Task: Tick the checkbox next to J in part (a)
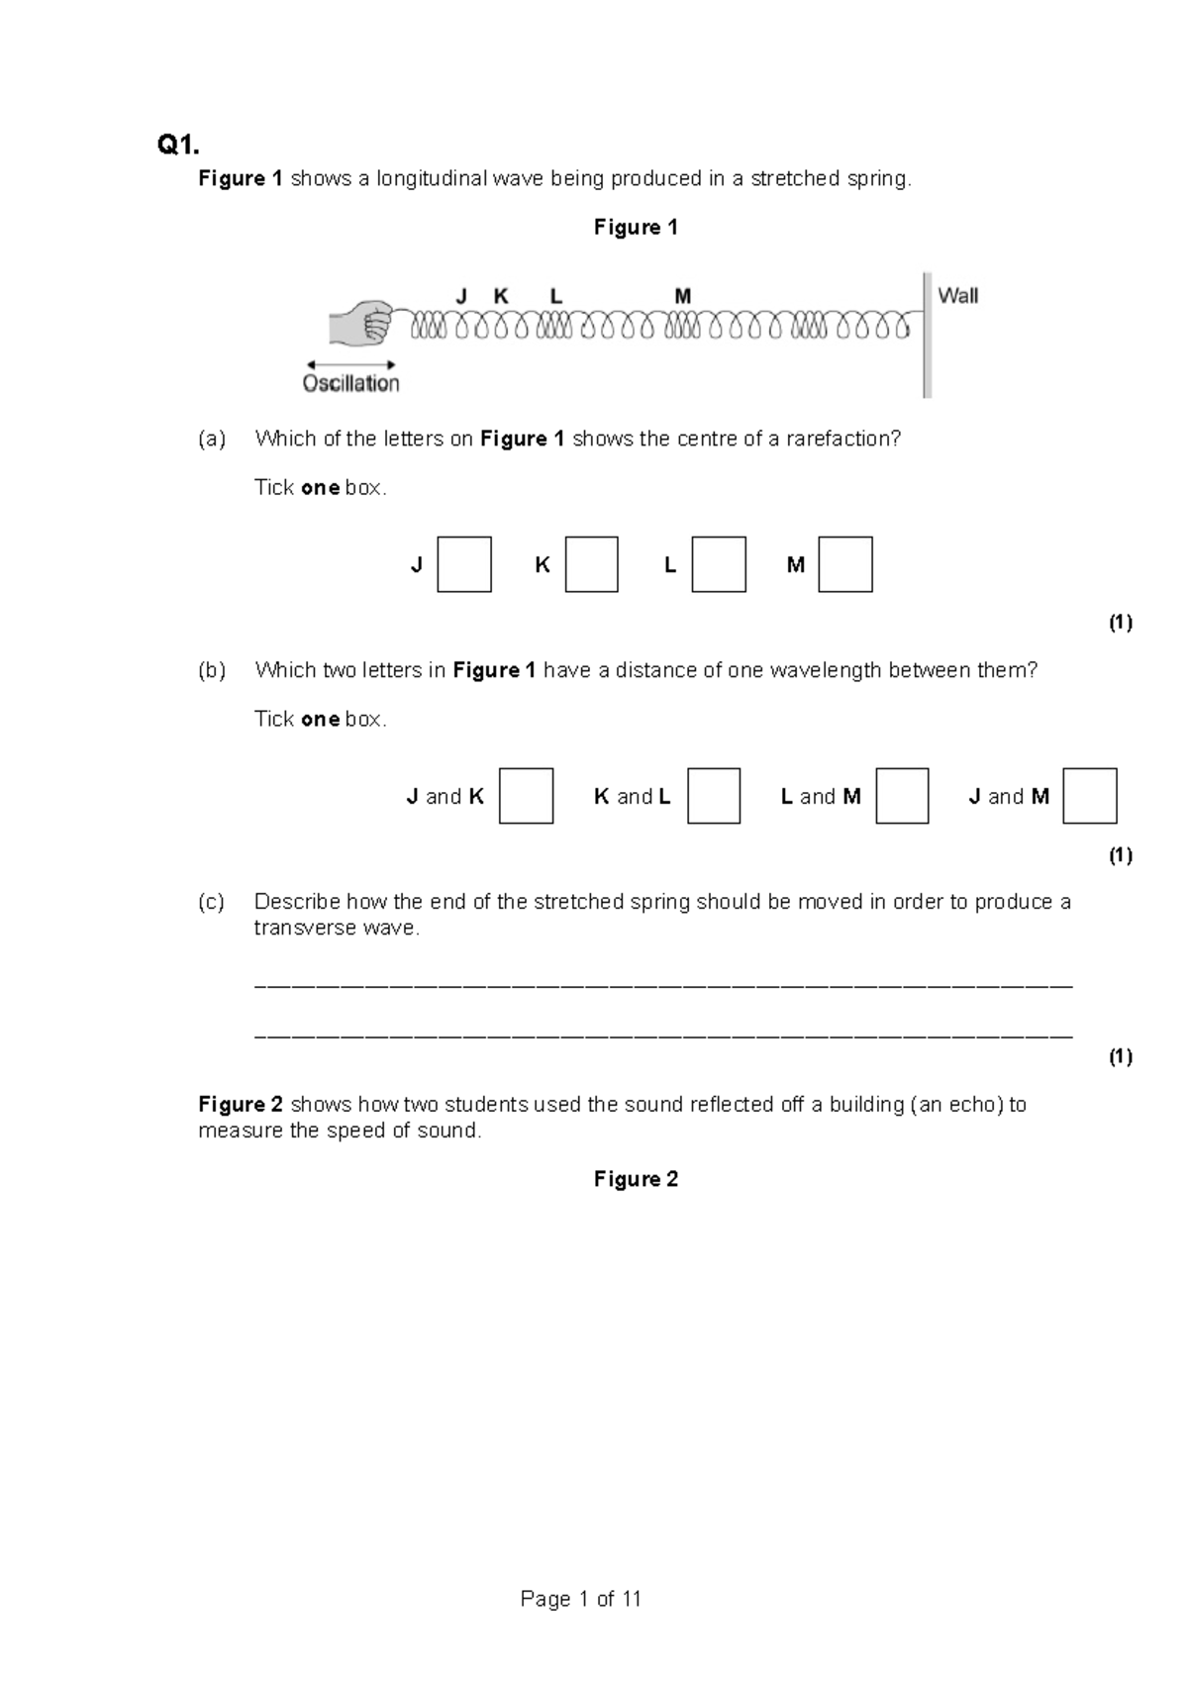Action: tap(464, 564)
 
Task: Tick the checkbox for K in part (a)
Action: tap(591, 564)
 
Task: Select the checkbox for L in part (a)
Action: tap(719, 564)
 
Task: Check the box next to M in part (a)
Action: tap(845, 564)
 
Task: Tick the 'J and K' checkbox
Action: tap(526, 796)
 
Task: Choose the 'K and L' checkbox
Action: tap(714, 796)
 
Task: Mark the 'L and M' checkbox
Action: tap(902, 796)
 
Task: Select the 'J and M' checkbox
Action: tap(1090, 796)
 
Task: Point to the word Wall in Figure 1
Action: tap(957, 295)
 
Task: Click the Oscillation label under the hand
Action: tap(351, 384)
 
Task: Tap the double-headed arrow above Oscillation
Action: tap(351, 364)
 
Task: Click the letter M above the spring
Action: tap(682, 296)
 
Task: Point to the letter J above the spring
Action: tap(460, 296)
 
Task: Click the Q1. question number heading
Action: tap(178, 146)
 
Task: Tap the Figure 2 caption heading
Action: tap(636, 1179)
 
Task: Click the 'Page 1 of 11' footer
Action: tap(581, 1599)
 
